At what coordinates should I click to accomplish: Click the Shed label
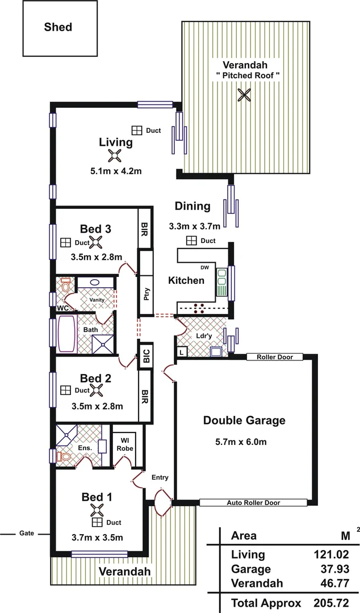(58, 27)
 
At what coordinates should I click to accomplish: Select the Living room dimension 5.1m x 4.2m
(115, 171)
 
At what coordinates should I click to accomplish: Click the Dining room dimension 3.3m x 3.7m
(192, 226)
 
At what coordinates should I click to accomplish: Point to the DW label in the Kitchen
(204, 267)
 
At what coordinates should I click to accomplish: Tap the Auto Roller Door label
(253, 503)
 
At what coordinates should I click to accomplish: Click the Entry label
(160, 477)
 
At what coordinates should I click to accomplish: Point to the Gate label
(27, 534)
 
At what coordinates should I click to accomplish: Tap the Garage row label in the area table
(251, 569)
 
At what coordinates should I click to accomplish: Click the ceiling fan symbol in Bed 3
(96, 242)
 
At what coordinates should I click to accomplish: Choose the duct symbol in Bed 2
(65, 391)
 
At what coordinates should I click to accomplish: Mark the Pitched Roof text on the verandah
(248, 75)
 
